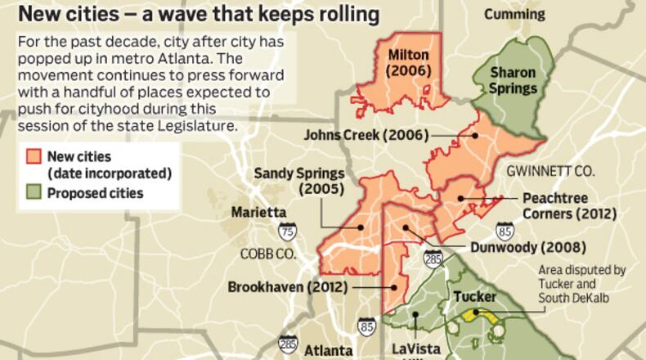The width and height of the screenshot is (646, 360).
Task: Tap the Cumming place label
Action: pyautogui.click(x=514, y=15)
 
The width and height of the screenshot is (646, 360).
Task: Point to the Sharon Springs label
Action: pyautogui.click(x=513, y=80)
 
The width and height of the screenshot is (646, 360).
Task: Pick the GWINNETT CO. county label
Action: pyautogui.click(x=549, y=172)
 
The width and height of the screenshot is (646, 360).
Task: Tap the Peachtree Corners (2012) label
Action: pyautogui.click(x=565, y=206)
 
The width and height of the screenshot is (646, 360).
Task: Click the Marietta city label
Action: pyautogui.click(x=258, y=212)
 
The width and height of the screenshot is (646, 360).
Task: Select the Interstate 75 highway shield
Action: pyautogui.click(x=287, y=231)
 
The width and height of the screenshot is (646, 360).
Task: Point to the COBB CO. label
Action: pyautogui.click(x=267, y=254)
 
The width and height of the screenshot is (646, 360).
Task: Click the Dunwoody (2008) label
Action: pyautogui.click(x=528, y=247)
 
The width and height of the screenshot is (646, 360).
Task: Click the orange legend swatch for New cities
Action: pyautogui.click(x=33, y=156)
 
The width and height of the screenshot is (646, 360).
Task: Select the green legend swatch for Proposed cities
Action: pyautogui.click(x=33, y=193)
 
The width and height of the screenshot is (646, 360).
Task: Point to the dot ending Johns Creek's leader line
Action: pyautogui.click(x=475, y=135)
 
